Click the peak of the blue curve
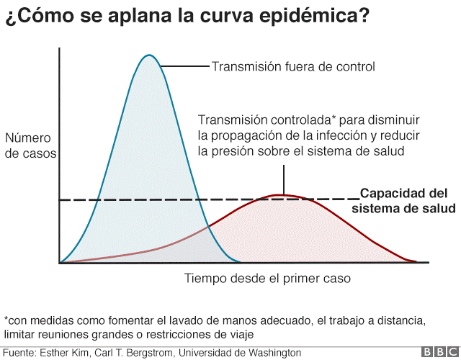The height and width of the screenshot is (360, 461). pos(149,55)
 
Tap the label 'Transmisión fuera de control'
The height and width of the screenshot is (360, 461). pos(292,67)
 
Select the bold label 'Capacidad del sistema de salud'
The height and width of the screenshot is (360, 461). pos(403,201)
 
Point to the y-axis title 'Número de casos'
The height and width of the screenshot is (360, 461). pos(30,145)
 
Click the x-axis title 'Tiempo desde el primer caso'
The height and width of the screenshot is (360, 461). pos(267,278)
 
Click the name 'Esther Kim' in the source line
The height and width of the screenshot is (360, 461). pos(64,353)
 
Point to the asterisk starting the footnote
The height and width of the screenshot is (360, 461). pos(6,319)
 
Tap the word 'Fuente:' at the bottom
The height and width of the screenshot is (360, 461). pos(19,353)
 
